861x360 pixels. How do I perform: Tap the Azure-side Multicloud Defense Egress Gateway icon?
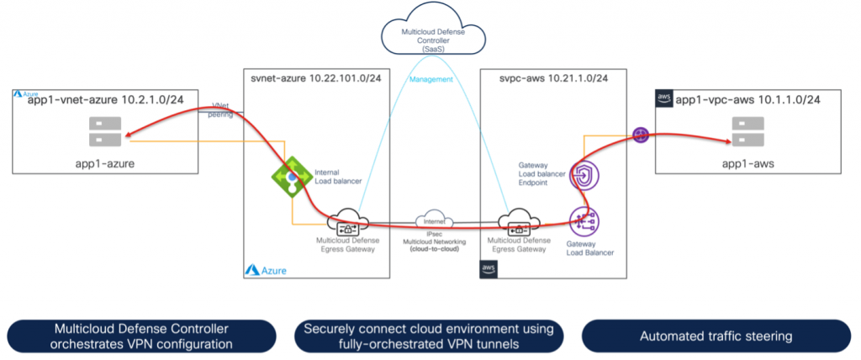(x=348, y=224)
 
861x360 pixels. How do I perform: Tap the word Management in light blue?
(x=430, y=80)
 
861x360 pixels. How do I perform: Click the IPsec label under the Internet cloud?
(x=435, y=236)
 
